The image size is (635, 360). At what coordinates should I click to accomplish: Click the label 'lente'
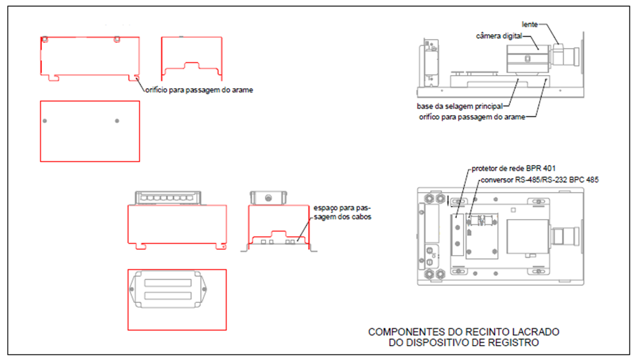click(x=529, y=25)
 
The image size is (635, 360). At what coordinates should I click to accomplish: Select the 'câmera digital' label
click(x=499, y=36)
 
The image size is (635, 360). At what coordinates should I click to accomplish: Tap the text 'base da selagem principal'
click(x=460, y=106)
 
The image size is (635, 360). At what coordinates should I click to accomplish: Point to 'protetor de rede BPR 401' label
click(x=513, y=168)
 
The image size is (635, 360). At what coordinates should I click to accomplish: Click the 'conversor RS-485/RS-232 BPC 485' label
click(x=540, y=179)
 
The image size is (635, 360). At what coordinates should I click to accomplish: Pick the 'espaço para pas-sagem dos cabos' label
click(x=342, y=212)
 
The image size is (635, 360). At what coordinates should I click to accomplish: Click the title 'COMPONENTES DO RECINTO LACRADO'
click(x=464, y=332)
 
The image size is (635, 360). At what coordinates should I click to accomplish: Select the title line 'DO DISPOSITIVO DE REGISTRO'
click(x=464, y=343)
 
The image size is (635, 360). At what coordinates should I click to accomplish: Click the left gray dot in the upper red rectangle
click(x=44, y=121)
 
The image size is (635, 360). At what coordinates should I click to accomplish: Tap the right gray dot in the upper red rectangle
click(x=117, y=121)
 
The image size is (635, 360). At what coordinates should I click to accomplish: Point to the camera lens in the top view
click(x=564, y=236)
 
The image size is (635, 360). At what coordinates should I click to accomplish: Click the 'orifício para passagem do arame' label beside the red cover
click(x=199, y=90)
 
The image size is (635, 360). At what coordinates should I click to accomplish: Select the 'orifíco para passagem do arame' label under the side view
click(x=472, y=117)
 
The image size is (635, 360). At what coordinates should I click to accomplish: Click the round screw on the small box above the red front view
click(x=268, y=198)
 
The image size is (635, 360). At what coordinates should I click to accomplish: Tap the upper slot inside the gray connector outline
click(x=168, y=283)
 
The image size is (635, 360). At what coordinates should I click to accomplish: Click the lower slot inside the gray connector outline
click(x=168, y=296)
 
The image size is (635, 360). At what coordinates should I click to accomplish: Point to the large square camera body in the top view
click(x=528, y=237)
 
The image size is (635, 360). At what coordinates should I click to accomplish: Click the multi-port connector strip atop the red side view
click(x=168, y=198)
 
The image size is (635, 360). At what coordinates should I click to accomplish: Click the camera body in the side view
click(x=527, y=59)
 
